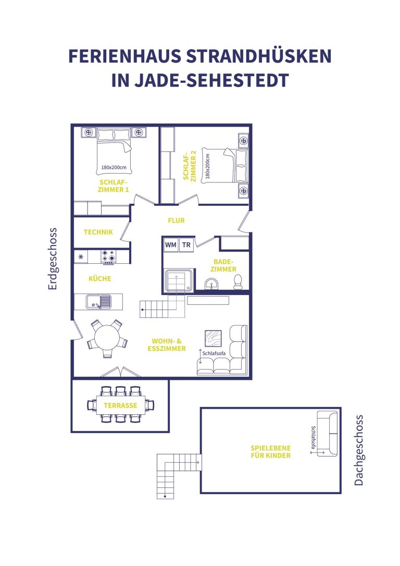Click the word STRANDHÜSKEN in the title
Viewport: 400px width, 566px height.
tap(259, 56)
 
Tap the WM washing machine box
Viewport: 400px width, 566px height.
tap(171, 245)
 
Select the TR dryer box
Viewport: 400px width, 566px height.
tap(186, 245)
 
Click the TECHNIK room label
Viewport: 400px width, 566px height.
tap(98, 232)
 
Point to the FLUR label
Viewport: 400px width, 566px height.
tap(176, 220)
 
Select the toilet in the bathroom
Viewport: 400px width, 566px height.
tap(238, 282)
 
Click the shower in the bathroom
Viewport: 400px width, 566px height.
tap(179, 280)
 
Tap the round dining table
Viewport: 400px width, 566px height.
tap(107, 338)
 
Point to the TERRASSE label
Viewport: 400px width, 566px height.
tap(120, 405)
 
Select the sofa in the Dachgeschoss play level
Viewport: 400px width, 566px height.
tap(327, 434)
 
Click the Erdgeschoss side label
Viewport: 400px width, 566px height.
tap(53, 259)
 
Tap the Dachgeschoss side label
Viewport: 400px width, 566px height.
tap(358, 450)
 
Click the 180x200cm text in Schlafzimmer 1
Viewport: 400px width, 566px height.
tap(114, 167)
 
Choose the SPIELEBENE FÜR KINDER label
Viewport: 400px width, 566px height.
tap(270, 451)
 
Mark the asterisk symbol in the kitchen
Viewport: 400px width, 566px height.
tap(81, 257)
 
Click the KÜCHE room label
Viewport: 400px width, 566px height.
tap(100, 279)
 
